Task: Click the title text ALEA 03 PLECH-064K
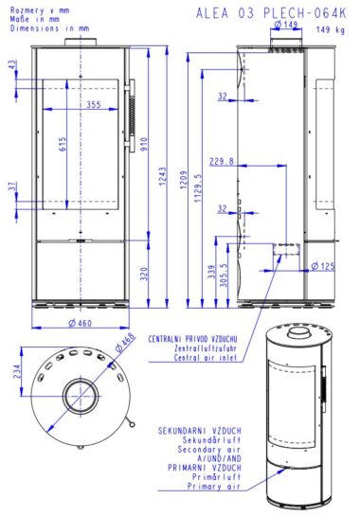pos(271,13)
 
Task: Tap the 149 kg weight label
pos(331,29)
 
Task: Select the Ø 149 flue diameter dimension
pos(285,24)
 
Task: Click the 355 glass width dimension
pos(94,105)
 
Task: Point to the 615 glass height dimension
pos(63,144)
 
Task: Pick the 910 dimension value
pos(144,144)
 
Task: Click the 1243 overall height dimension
pos(163,176)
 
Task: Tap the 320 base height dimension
pos(144,274)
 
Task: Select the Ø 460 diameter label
pos(80,323)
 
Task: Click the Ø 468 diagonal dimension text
pos(125,342)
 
